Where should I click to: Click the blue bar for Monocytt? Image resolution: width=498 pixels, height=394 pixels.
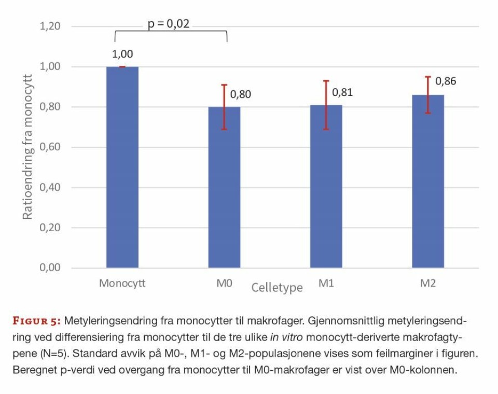click(x=122, y=167)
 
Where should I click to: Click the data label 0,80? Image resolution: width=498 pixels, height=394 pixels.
click(x=240, y=94)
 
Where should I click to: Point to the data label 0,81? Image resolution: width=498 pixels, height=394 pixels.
click(x=342, y=92)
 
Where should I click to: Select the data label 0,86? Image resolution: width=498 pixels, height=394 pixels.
click(x=446, y=81)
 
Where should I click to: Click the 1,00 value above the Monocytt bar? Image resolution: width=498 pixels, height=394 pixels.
click(x=122, y=54)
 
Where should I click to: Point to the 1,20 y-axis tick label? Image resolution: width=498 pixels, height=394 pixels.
click(x=50, y=26)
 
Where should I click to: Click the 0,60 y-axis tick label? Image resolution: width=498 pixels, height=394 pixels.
click(x=50, y=147)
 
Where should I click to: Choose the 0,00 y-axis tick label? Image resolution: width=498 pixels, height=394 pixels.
click(x=50, y=268)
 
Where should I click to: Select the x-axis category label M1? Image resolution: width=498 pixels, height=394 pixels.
click(x=326, y=284)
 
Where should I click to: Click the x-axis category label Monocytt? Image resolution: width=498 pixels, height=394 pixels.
click(x=122, y=284)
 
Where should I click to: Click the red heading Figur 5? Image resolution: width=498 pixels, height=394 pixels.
click(x=37, y=318)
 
